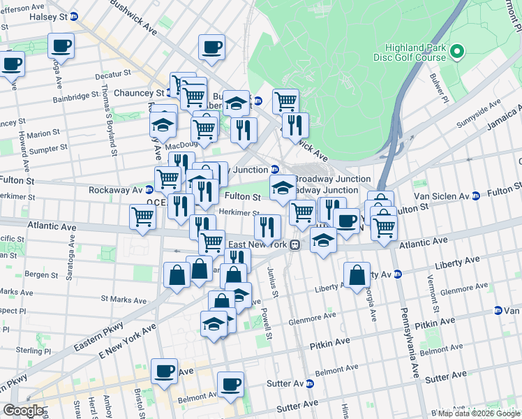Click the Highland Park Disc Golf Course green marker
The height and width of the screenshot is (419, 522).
pos(457,52)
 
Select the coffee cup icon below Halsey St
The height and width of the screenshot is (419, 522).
pos(61,46)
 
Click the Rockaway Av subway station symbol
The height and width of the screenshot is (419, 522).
pos(149,190)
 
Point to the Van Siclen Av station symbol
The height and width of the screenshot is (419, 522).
pos(475,196)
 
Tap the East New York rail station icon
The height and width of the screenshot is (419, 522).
pos(296,245)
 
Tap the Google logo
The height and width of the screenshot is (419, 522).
pos(24,411)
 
